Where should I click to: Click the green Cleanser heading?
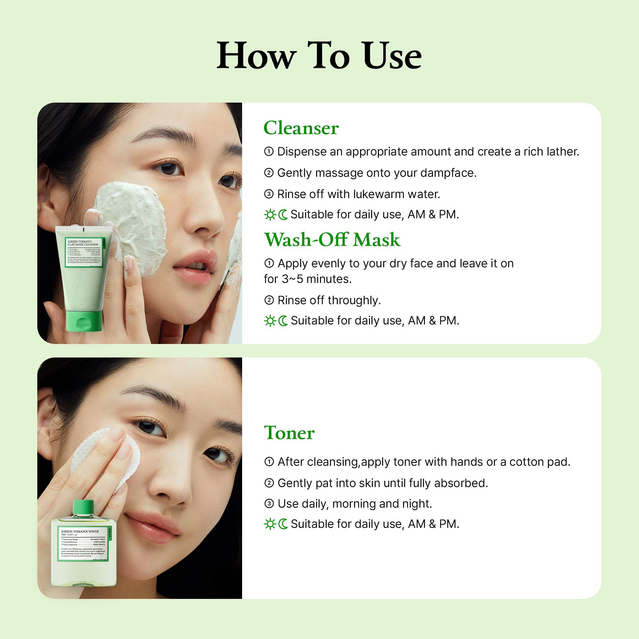pyautogui.click(x=301, y=128)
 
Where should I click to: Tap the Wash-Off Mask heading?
pyautogui.click(x=332, y=240)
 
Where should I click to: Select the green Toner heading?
pyautogui.click(x=289, y=433)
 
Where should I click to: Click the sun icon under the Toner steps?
pyautogui.click(x=270, y=524)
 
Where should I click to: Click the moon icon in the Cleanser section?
pyautogui.click(x=283, y=215)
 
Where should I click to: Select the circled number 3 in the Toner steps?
pyautogui.click(x=269, y=504)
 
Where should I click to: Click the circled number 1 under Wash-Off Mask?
pyautogui.click(x=269, y=263)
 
